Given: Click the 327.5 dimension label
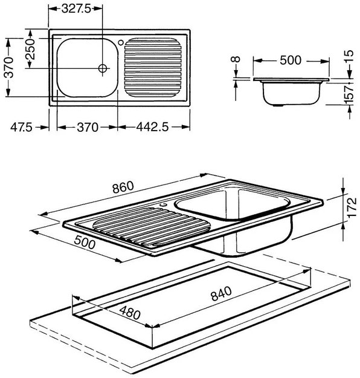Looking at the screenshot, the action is [76, 9].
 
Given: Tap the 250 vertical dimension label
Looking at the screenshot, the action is [31, 49].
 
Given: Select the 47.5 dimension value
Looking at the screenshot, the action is [21, 127].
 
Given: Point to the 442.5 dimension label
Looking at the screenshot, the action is [152, 127].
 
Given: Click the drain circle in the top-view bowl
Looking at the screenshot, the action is [103, 68].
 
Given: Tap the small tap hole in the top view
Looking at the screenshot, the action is [121, 42].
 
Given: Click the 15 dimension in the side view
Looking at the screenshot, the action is [350, 56].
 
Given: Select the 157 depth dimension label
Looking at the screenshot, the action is [350, 94].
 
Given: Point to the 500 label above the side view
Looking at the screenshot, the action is [291, 60].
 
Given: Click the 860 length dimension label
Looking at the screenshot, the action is [123, 187].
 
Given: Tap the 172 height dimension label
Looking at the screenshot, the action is [352, 207].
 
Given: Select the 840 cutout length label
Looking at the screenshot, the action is [221, 293].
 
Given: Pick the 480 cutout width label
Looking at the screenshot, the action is [130, 313].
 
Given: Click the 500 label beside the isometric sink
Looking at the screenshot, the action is [85, 242].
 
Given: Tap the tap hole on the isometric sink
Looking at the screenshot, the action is [164, 204].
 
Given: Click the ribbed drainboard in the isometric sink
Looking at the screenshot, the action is [152, 227].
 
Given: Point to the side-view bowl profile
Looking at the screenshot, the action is [291, 93].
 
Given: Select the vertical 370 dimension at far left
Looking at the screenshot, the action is [9, 67].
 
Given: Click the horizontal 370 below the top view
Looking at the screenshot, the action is [88, 127].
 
